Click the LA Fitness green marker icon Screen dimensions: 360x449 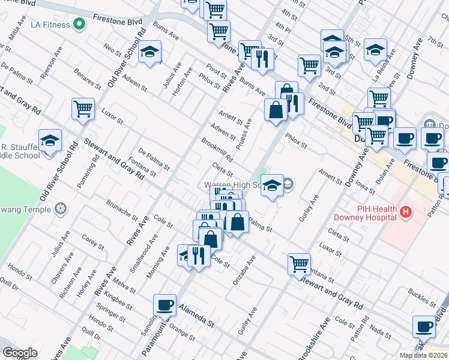click(79, 25)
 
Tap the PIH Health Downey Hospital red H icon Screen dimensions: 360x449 click(406, 212)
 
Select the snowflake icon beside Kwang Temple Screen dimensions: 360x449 click(60, 209)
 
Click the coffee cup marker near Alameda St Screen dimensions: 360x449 click(164, 305)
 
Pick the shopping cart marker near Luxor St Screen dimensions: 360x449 click(83, 109)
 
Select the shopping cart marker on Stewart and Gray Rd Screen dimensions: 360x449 click(299, 263)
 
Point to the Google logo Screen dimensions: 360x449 click(20, 353)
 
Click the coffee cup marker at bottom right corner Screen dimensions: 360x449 click(424, 327)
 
